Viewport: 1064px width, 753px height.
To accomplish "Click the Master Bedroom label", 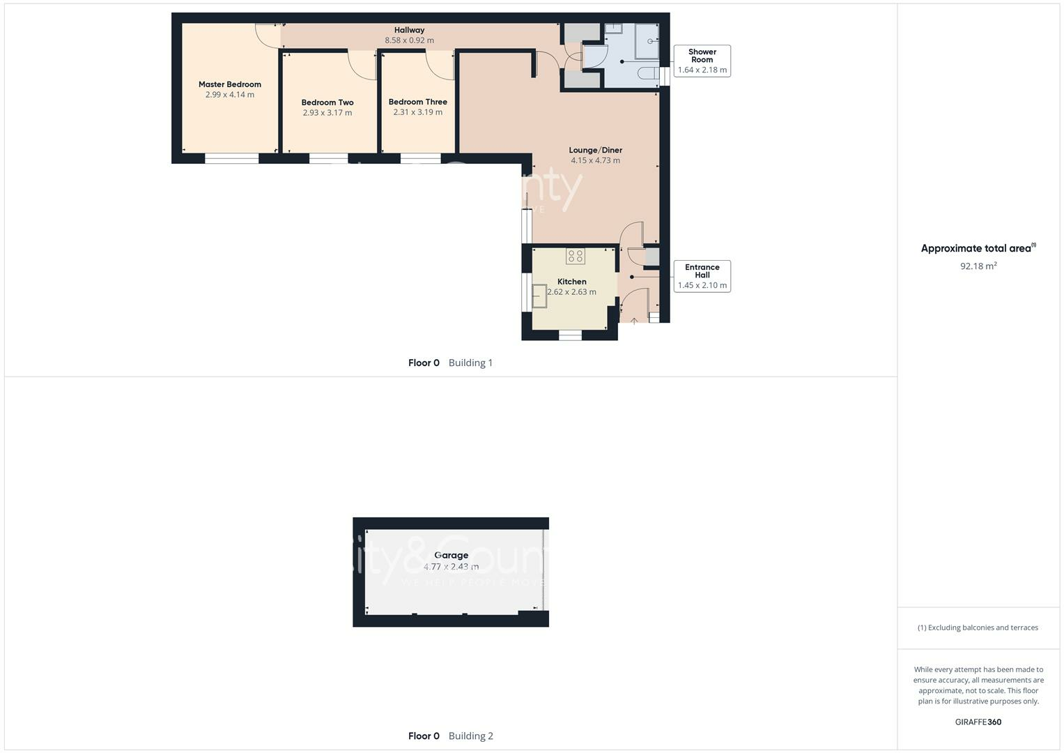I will [229, 84].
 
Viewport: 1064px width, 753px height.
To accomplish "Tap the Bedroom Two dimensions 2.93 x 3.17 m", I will [327, 113].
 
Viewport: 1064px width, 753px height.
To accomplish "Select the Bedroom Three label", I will [417, 102].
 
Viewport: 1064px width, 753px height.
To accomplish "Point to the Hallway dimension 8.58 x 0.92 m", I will [409, 40].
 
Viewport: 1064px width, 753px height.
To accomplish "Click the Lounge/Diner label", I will [595, 150].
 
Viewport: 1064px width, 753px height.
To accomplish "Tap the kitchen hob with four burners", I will [575, 256].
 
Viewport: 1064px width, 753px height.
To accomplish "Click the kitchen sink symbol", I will [539, 296].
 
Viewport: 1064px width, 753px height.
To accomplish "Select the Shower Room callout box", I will [702, 61].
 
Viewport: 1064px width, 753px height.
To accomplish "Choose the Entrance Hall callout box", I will [702, 276].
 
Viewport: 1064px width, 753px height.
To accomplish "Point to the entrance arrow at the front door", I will [634, 321].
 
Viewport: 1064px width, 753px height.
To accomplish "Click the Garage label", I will [451, 556].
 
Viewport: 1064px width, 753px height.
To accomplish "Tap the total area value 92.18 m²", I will [978, 266].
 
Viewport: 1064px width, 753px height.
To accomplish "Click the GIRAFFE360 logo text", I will [978, 722].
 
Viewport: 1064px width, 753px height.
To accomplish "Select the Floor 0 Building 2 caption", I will [450, 736].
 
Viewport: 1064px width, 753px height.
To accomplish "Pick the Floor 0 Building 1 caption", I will [450, 363].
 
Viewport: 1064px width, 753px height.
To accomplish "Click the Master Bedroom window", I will [231, 159].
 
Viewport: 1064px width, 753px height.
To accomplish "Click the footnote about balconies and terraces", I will [978, 627].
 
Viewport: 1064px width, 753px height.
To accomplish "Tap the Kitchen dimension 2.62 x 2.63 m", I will [571, 292].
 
